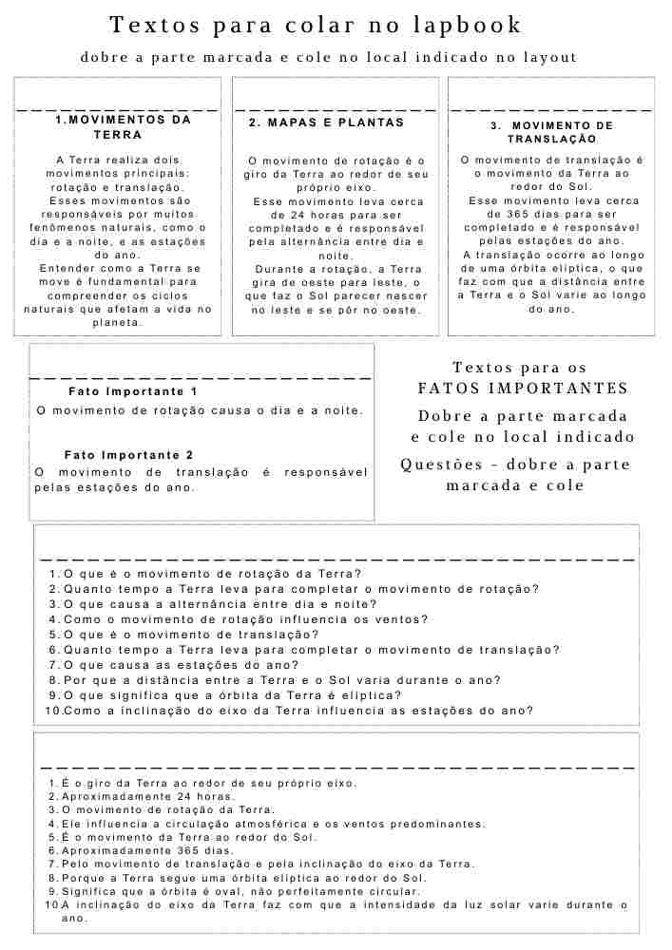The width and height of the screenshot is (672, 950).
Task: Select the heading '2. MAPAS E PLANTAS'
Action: click(x=326, y=123)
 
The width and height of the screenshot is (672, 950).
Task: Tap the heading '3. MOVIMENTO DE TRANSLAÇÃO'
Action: click(x=551, y=132)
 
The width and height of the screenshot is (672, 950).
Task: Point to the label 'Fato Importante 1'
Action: click(x=133, y=391)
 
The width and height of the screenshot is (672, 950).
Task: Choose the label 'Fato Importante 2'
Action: click(x=128, y=455)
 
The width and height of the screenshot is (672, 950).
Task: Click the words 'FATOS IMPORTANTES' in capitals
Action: click(x=523, y=388)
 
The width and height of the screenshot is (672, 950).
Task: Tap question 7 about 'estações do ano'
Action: click(x=181, y=665)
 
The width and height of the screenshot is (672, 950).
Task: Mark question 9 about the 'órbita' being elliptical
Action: click(x=232, y=695)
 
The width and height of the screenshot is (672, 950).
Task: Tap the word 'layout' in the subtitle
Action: click(x=550, y=57)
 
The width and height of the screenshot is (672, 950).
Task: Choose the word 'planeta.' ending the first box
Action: click(x=117, y=323)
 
